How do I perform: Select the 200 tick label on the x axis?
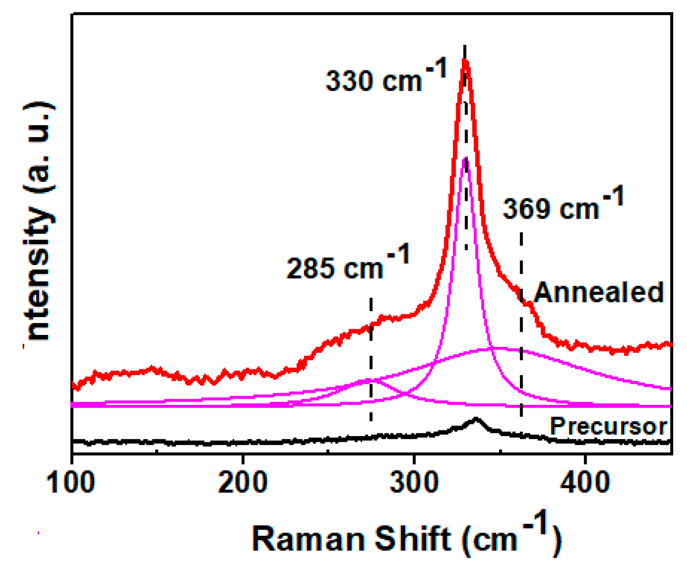coord(242,482)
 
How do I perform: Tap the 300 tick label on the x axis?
coord(414,482)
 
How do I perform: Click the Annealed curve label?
coord(599,293)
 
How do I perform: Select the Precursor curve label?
coord(608,426)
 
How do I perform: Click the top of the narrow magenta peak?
coord(465,159)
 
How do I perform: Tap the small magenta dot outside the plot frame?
coord(39,532)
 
